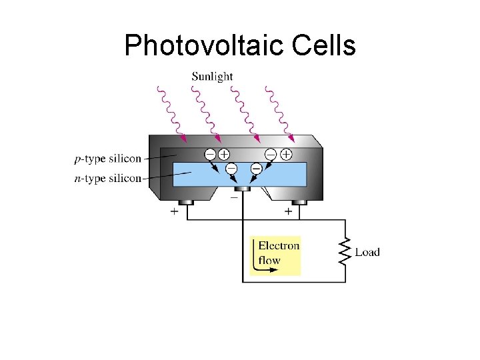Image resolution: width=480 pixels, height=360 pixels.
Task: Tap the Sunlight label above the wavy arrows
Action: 212,76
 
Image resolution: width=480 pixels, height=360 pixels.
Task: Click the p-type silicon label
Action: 108,159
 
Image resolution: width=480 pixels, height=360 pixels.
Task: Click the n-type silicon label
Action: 108,178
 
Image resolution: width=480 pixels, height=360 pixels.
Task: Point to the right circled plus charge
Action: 286,154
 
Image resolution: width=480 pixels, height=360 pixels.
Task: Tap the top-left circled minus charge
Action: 209,154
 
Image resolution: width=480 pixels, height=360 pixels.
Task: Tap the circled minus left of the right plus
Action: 271,154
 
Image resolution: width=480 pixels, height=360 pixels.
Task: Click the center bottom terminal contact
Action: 242,189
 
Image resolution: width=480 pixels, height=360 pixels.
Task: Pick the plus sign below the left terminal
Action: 175,211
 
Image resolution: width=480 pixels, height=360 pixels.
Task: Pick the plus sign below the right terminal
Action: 289,211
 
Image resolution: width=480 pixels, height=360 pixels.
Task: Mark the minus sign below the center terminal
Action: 234,197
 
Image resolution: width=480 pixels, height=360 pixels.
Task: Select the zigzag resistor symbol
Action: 345,251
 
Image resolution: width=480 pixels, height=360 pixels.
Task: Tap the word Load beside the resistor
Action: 367,252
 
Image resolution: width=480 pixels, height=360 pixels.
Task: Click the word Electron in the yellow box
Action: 279,246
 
